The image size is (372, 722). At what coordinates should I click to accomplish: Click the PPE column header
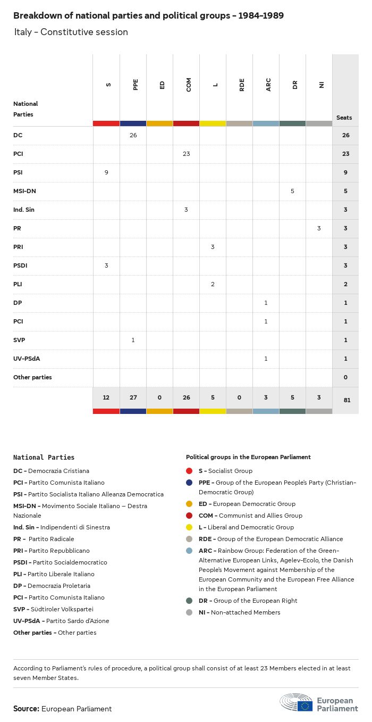136,85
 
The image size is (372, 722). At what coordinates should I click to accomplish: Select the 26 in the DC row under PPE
133,135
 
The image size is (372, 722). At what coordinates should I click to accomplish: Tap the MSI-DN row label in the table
24,191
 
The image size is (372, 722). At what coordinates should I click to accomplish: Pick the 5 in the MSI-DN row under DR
292,191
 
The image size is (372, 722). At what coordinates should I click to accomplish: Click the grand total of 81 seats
346,400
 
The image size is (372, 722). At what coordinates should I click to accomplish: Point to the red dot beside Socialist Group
189,471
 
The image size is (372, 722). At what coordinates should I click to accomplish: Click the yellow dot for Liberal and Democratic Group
189,527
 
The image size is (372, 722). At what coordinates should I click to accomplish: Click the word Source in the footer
26,709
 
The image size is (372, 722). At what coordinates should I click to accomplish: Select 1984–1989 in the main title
260,16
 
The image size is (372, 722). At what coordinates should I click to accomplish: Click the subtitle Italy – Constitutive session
71,32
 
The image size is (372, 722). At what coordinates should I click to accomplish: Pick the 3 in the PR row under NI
319,228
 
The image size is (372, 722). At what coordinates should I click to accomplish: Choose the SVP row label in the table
20,340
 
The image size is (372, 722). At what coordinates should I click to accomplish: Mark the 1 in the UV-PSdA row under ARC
266,359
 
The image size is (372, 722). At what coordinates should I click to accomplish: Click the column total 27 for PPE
133,398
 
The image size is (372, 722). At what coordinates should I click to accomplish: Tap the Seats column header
344,118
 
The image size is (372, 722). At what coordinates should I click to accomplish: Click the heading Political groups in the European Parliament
248,457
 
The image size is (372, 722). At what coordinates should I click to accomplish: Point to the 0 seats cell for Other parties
345,377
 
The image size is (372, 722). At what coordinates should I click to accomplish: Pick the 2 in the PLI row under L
213,284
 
